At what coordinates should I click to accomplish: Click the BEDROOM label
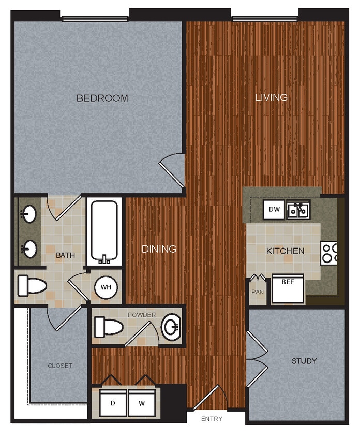point(102,98)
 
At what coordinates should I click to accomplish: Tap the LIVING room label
point(271,97)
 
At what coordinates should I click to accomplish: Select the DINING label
point(159,249)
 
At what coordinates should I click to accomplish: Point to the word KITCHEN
point(285,251)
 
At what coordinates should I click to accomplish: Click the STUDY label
point(304,361)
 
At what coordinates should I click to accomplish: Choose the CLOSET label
point(60,366)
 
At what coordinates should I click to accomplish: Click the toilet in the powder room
point(109,327)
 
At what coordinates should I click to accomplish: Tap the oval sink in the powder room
point(171,327)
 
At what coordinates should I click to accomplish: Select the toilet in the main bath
point(31,285)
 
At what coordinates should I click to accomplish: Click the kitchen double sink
point(298,210)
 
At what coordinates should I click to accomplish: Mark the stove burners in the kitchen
point(329,253)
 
